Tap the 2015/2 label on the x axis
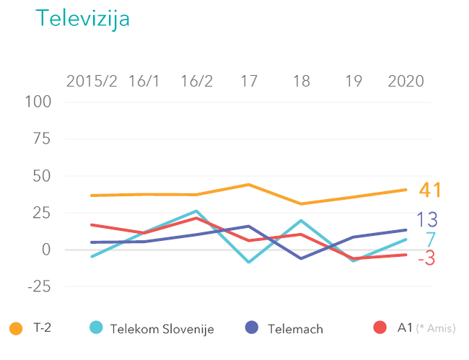92,81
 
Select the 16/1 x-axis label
144,81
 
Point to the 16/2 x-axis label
196,81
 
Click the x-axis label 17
249,81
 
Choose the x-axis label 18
302,81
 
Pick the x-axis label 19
354,81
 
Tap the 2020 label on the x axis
406,81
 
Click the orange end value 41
430,190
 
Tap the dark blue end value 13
426,220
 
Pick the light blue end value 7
430,240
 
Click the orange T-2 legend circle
16,328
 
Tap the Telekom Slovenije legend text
162,329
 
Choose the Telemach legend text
295,329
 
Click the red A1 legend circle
381,328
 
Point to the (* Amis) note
437,329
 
